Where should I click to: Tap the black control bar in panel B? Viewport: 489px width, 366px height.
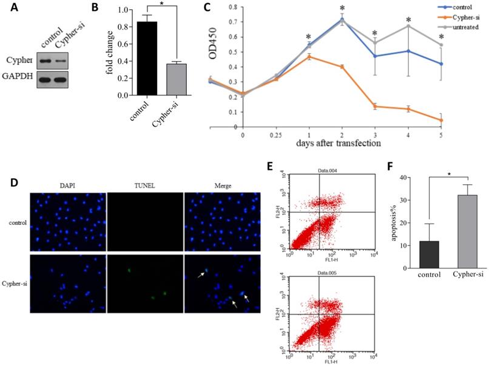coord(146,58)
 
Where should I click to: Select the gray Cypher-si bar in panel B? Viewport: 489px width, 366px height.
coord(177,79)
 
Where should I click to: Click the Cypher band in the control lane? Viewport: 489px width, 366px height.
coord(45,61)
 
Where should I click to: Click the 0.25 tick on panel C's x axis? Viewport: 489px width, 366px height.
coord(277,136)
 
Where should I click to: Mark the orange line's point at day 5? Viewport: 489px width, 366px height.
coord(440,121)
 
